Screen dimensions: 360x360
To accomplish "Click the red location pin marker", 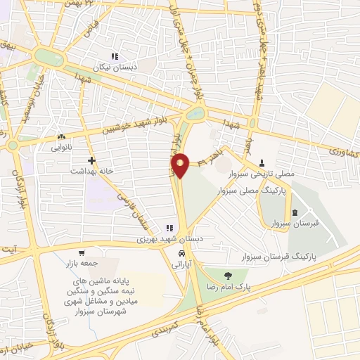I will point(180,165).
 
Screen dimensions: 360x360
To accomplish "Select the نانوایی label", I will point(61,148).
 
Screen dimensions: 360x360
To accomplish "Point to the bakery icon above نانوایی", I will point(62,136).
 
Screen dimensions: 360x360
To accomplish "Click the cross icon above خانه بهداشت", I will point(91,160).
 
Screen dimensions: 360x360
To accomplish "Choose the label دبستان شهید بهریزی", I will point(169,239).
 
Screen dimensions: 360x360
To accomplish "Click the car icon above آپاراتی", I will point(181,253).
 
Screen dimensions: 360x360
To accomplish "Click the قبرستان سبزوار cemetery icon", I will point(295,212).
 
